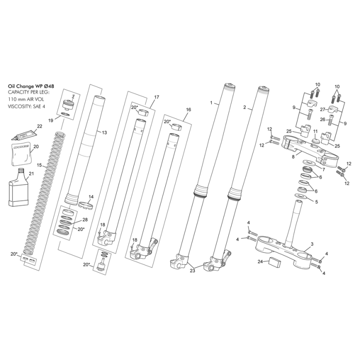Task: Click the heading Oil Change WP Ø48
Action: point(31,85)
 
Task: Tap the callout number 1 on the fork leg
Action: point(211,103)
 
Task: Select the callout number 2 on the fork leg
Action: point(245,107)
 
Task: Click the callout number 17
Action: point(156,97)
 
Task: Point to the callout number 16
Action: point(188,110)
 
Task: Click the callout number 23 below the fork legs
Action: point(192,271)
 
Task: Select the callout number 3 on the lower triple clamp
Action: point(312,244)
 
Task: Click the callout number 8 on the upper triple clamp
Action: point(293,157)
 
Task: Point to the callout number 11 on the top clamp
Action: point(314,132)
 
